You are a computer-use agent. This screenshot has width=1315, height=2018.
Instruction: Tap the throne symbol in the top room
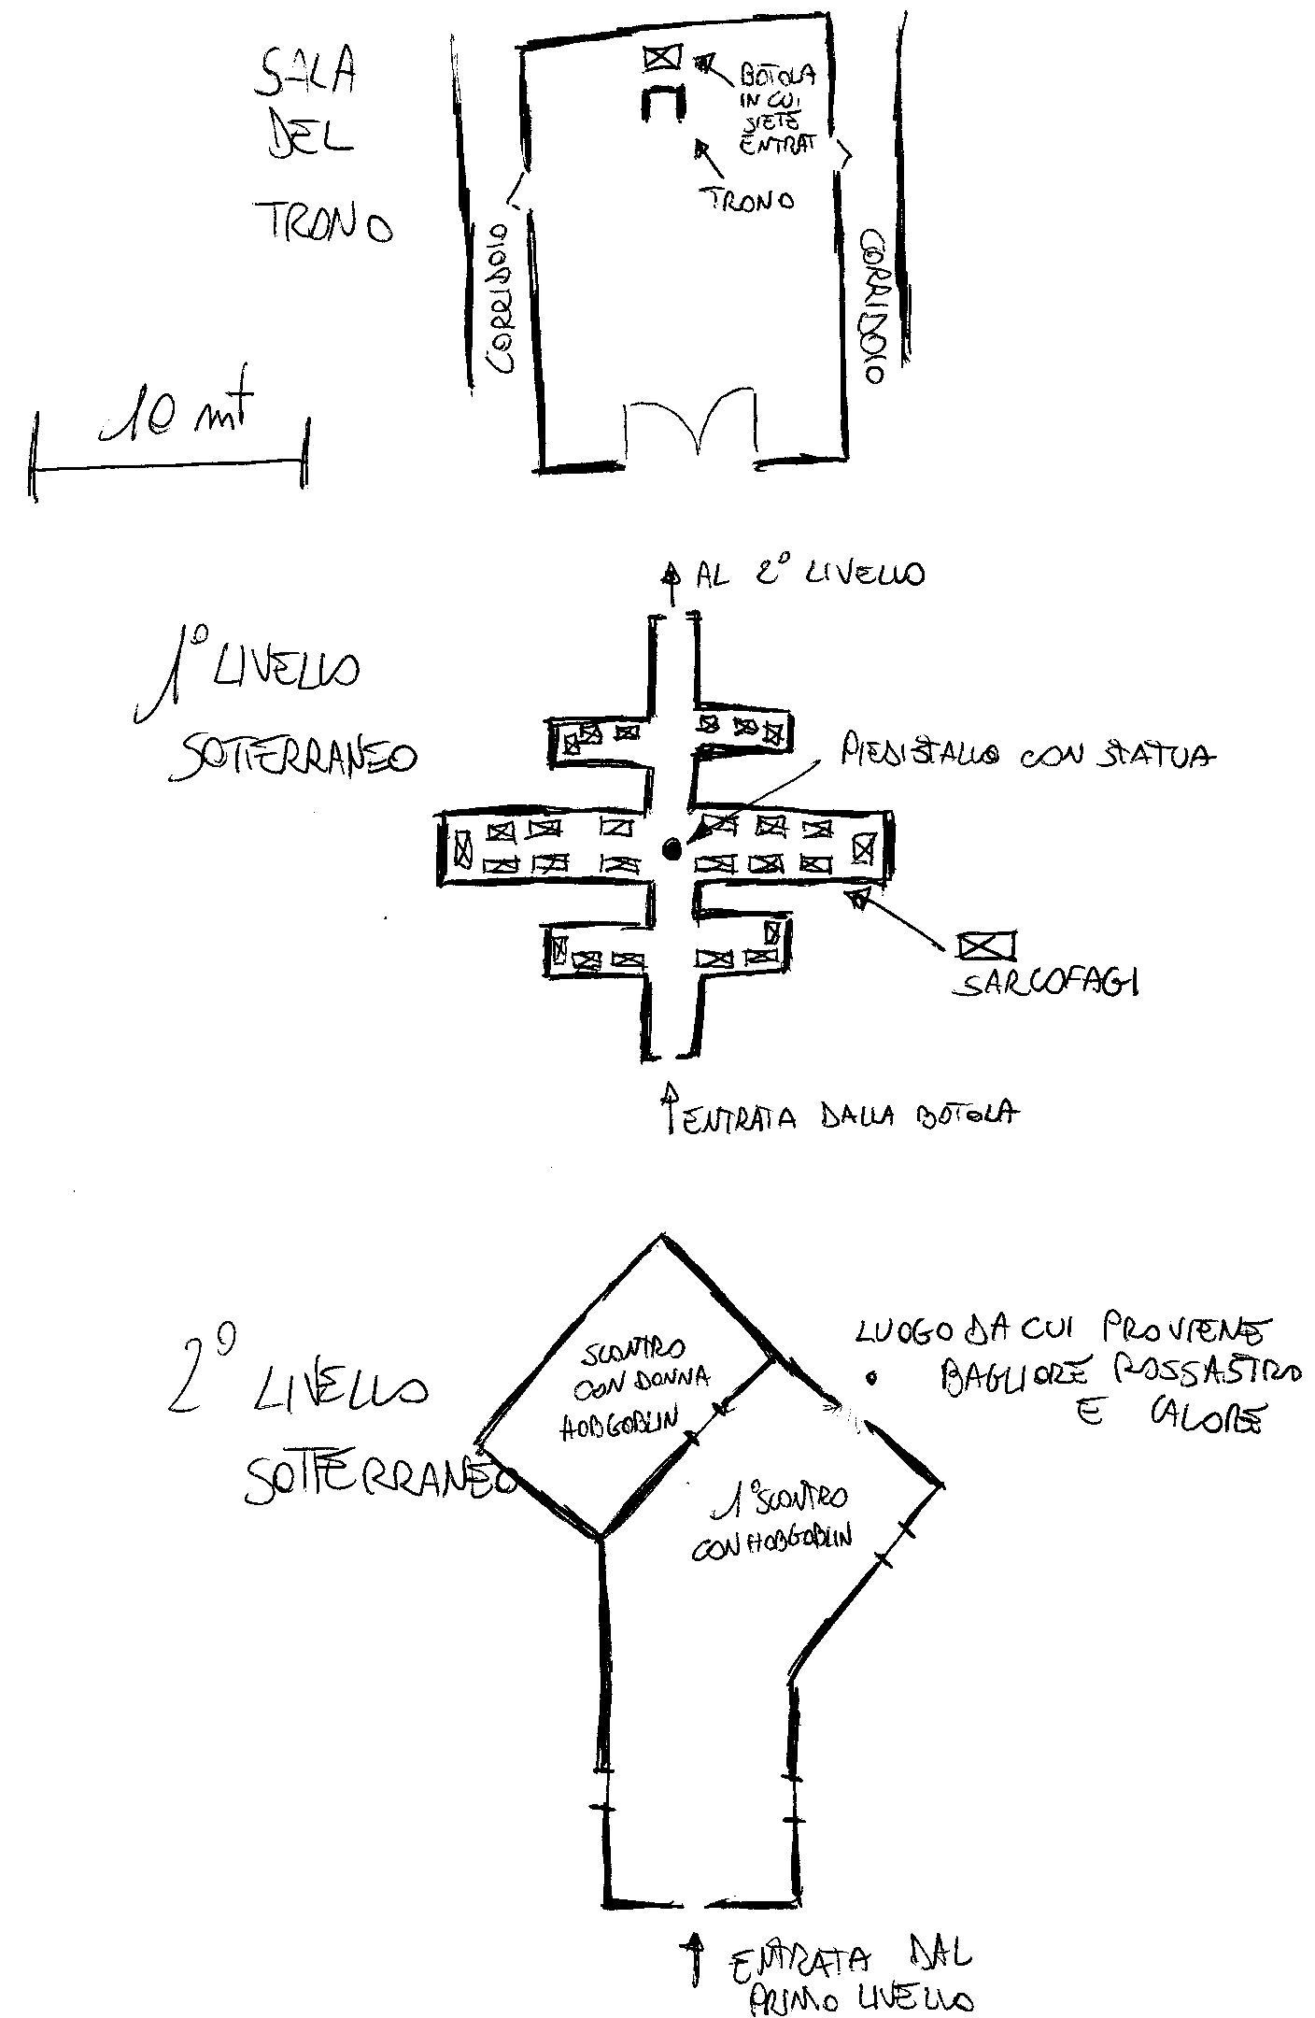click(662, 102)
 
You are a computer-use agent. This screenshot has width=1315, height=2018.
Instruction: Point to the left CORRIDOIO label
click(500, 298)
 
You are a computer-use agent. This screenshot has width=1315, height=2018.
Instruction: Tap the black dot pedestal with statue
click(672, 848)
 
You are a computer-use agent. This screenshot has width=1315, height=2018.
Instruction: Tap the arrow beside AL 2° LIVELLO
click(671, 573)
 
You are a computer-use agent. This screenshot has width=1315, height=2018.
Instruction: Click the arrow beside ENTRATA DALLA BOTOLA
click(670, 1106)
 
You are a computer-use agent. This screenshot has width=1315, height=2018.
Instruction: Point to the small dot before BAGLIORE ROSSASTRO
click(871, 1375)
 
